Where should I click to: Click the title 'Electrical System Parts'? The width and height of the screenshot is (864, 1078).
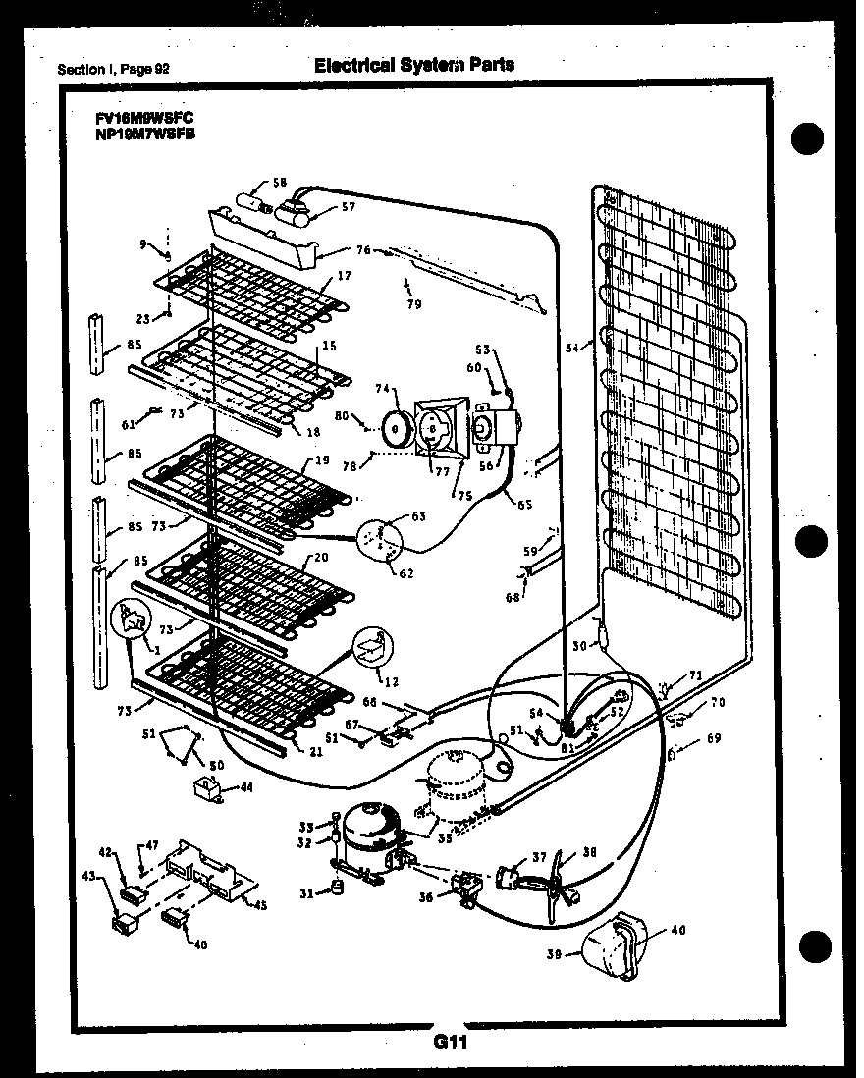413,65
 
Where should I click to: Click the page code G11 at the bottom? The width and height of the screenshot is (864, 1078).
450,1044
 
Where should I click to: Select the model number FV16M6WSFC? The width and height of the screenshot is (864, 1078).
145,118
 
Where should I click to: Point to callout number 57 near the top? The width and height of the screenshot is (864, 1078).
348,207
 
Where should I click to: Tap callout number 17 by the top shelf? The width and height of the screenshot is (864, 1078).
344,276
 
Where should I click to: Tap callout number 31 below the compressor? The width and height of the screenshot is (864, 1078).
307,890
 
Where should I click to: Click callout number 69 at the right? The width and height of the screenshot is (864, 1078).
713,738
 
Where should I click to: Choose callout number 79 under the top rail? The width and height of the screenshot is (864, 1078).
414,304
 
